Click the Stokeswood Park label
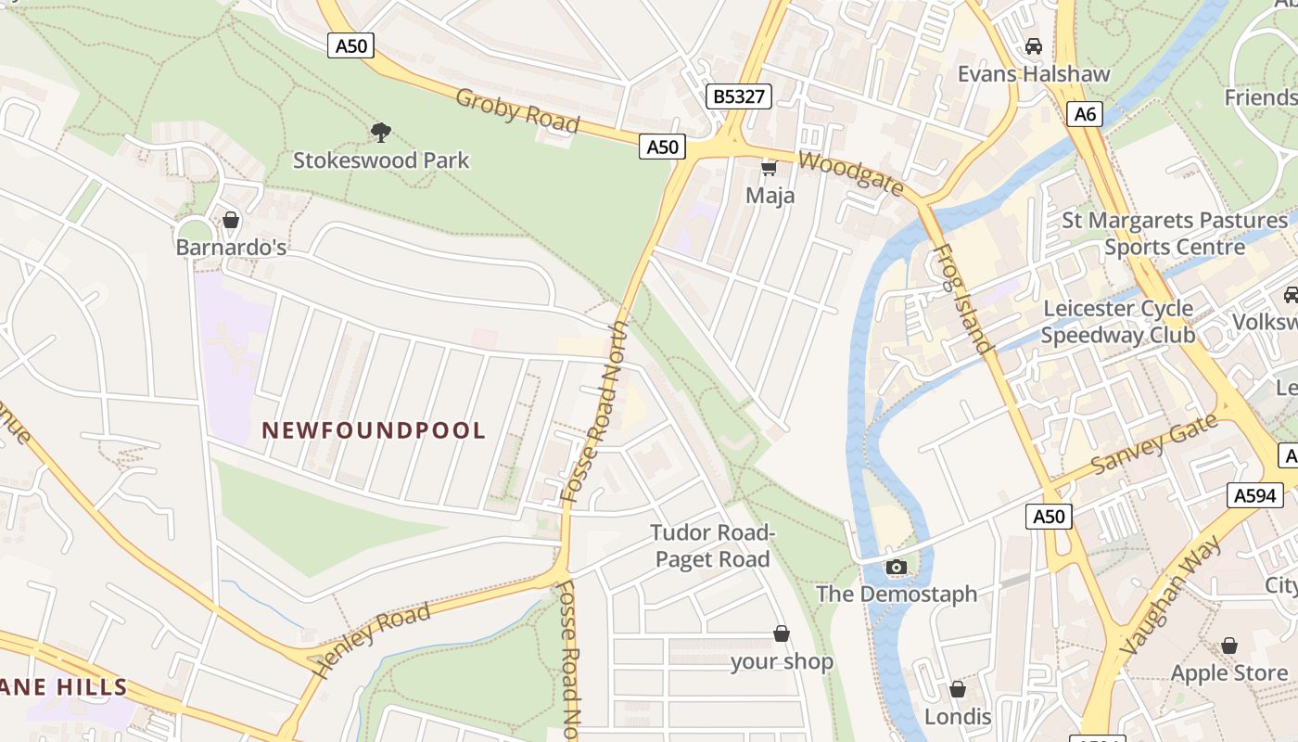(x=381, y=160)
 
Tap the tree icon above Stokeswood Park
(x=380, y=132)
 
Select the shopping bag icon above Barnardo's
(x=231, y=220)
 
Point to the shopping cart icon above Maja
(x=769, y=168)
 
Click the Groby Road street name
(x=517, y=110)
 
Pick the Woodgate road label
(x=850, y=173)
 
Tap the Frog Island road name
(x=961, y=300)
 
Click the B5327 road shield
(x=738, y=96)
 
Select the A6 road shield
(x=1085, y=114)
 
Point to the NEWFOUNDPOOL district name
(x=374, y=430)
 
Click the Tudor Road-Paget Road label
(x=712, y=546)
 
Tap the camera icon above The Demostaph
(x=896, y=567)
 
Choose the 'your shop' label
(x=782, y=661)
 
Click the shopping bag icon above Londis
(x=958, y=689)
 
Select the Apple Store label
(x=1228, y=673)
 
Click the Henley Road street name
(x=372, y=639)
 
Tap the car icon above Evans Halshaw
(x=1033, y=45)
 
